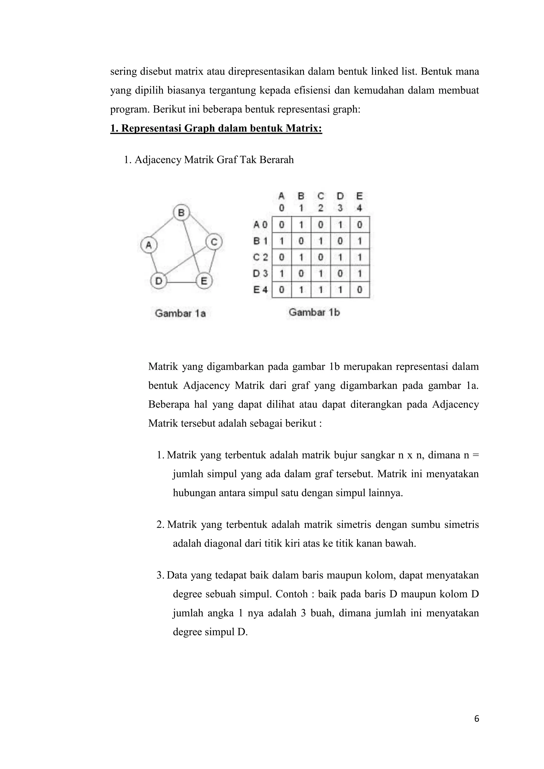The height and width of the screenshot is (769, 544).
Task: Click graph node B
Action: pyautogui.click(x=181, y=213)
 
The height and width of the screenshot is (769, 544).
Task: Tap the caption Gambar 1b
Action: pyautogui.click(x=314, y=313)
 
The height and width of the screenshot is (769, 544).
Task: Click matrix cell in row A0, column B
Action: pyautogui.click(x=301, y=225)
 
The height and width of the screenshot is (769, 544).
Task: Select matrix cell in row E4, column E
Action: pyautogui.click(x=359, y=290)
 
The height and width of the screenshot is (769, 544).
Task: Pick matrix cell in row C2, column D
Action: pyautogui.click(x=340, y=257)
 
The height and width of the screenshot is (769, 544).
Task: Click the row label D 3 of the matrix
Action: pyautogui.click(x=261, y=273)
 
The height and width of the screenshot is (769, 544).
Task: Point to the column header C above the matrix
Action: pyautogui.click(x=321, y=196)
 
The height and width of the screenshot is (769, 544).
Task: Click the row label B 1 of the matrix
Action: pyautogui.click(x=261, y=241)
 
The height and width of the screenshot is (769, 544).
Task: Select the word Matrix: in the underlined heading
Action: pyautogui.click(x=304, y=129)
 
